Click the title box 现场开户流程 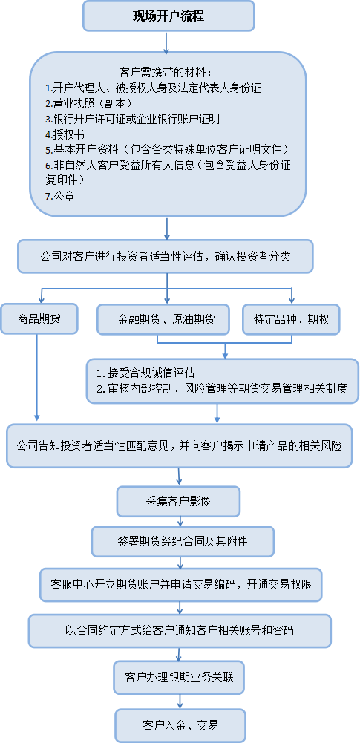click(168, 16)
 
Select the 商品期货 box click(39, 319)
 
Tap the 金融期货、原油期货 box click(163, 319)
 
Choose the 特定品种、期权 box click(291, 319)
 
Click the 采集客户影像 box click(178, 501)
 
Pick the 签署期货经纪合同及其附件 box click(183, 541)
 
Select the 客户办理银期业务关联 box click(179, 677)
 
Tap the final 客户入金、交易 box click(180, 725)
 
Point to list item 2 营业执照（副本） click(88, 103)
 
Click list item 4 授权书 click(65, 134)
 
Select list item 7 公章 click(59, 196)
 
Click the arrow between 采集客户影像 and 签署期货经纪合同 click(180, 521)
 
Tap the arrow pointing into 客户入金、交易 click(180, 701)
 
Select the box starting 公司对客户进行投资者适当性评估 click(166, 256)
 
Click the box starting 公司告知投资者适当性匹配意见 click(179, 446)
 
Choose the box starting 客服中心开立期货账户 click(181, 584)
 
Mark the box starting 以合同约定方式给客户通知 click(180, 631)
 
